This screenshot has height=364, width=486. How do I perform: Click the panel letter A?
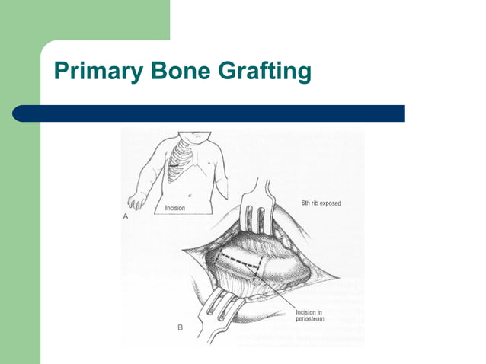125,217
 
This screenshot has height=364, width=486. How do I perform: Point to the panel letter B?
180,328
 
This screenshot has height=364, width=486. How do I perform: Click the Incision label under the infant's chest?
176,207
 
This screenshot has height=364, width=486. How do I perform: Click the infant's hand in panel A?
138,201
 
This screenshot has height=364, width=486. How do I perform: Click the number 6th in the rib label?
305,204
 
